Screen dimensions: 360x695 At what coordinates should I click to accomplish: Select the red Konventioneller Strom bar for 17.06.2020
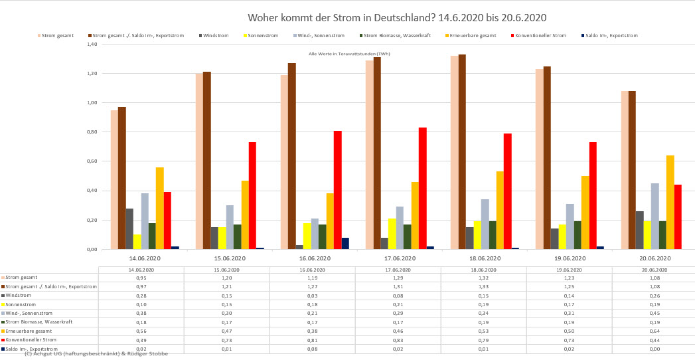click(x=422, y=188)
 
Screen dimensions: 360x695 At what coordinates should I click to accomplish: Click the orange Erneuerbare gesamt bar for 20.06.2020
click(x=670, y=202)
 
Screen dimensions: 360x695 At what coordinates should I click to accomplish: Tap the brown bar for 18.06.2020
click(x=461, y=151)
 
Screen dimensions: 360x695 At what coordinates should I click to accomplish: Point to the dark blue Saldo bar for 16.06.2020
click(x=345, y=243)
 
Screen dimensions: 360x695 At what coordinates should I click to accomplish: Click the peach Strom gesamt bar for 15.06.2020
click(x=199, y=161)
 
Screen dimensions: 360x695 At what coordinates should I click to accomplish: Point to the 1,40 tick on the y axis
click(x=92, y=44)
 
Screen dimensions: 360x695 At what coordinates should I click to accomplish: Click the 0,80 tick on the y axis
click(x=92, y=132)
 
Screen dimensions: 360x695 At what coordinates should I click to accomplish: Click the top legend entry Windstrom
click(x=216, y=35)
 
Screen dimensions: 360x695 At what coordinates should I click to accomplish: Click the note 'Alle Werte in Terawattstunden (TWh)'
click(x=349, y=53)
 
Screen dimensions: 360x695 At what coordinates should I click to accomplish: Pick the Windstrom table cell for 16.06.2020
click(x=313, y=295)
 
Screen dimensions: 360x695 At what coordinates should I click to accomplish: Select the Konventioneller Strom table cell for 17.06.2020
click(x=398, y=339)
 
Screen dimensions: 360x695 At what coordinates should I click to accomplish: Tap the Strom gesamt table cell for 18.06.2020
click(x=484, y=278)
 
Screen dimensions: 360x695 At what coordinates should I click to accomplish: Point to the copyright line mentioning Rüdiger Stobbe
click(x=96, y=354)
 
